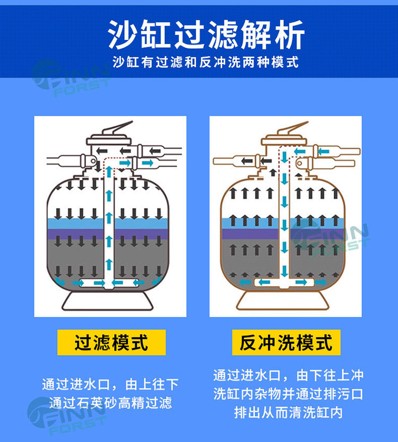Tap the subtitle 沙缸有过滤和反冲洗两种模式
tap(206, 63)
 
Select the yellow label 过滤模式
tap(111, 343)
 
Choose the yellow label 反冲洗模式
tap(286, 343)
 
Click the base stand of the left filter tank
tap(109, 302)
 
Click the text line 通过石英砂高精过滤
tap(110, 402)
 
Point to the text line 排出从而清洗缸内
tap(288, 412)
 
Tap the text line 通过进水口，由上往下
tap(110, 384)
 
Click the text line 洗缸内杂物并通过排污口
tap(288, 394)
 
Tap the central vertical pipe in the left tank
tap(109, 223)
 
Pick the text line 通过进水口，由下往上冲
tap(288, 376)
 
